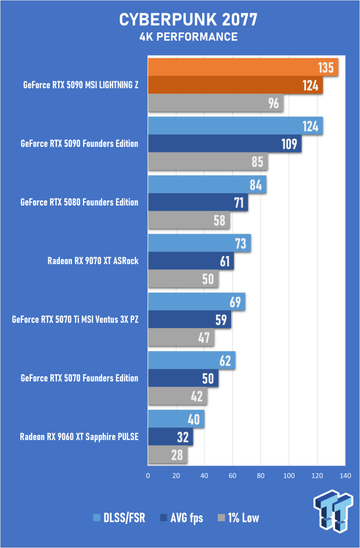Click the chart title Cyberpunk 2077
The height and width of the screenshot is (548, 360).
(180, 20)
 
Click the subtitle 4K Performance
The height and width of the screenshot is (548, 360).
(180, 37)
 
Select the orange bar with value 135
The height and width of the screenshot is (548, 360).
(243, 68)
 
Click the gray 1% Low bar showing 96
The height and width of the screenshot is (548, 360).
(215, 104)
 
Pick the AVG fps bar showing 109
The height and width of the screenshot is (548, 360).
(225, 143)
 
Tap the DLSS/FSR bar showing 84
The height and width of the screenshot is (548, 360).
(207, 185)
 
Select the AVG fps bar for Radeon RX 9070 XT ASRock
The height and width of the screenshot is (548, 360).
(191, 261)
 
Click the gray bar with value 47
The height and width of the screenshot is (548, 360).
(181, 337)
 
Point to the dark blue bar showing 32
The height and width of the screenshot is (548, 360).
(171, 437)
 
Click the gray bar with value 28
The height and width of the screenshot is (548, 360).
(168, 455)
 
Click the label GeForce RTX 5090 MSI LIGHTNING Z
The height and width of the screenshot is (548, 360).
(80, 85)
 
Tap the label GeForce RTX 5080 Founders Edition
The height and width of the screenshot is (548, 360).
(79, 202)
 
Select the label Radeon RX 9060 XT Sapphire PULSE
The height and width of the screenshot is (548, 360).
(79, 437)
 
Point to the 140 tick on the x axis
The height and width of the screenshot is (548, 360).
(345, 476)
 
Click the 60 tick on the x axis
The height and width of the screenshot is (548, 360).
(232, 476)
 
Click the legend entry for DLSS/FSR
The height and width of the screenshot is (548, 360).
(118, 518)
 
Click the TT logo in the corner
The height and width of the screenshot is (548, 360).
(333, 511)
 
